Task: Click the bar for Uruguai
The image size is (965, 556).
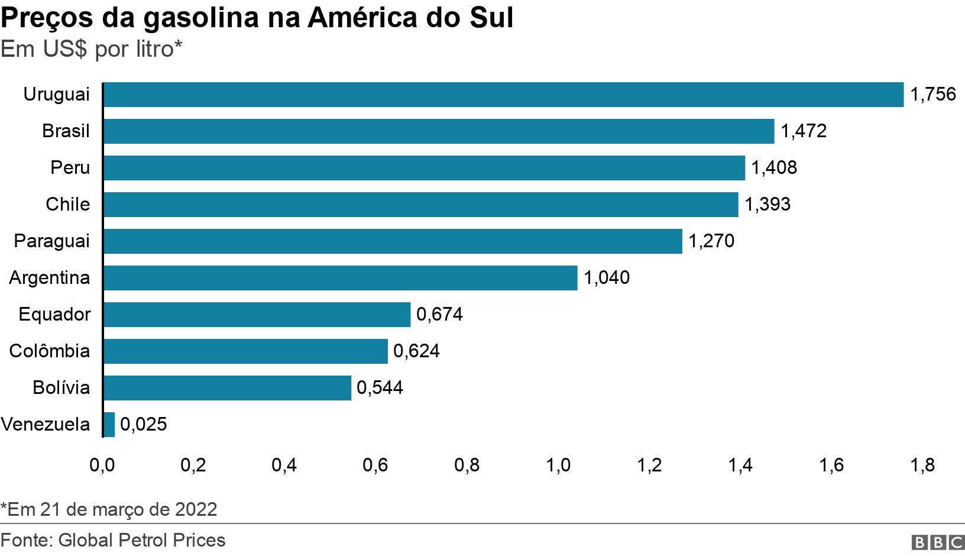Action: point(503,95)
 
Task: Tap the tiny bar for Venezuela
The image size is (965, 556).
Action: point(109,425)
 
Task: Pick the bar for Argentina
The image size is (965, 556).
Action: point(340,278)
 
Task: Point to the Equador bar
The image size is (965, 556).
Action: point(257,315)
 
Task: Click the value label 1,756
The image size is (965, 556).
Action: point(932,95)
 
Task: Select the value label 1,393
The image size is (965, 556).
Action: point(767,205)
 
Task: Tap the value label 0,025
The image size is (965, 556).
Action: point(143,425)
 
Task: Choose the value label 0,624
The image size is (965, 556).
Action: point(416,351)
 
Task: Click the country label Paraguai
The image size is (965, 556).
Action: point(52,241)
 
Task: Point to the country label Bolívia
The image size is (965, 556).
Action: point(61,388)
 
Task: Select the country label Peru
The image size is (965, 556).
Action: point(70,168)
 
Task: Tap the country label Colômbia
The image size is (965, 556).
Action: point(50,351)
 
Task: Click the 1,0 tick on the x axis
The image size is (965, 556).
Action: point(558,466)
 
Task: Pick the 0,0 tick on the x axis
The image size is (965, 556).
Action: point(102,466)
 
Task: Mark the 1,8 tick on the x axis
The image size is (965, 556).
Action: point(922,466)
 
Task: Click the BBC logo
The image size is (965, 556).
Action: point(938,542)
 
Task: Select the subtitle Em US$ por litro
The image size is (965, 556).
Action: point(91,50)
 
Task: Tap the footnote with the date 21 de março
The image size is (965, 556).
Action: point(109,509)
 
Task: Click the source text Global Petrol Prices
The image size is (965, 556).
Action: point(113,541)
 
